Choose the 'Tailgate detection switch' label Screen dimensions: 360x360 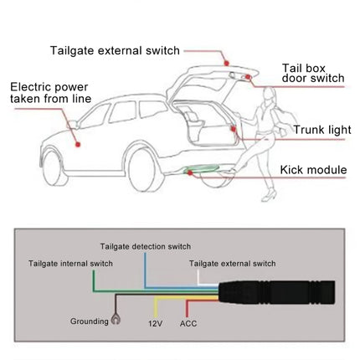click(146, 246)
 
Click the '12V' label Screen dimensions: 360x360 click(155, 321)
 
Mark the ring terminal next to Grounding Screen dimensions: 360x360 click(116, 318)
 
